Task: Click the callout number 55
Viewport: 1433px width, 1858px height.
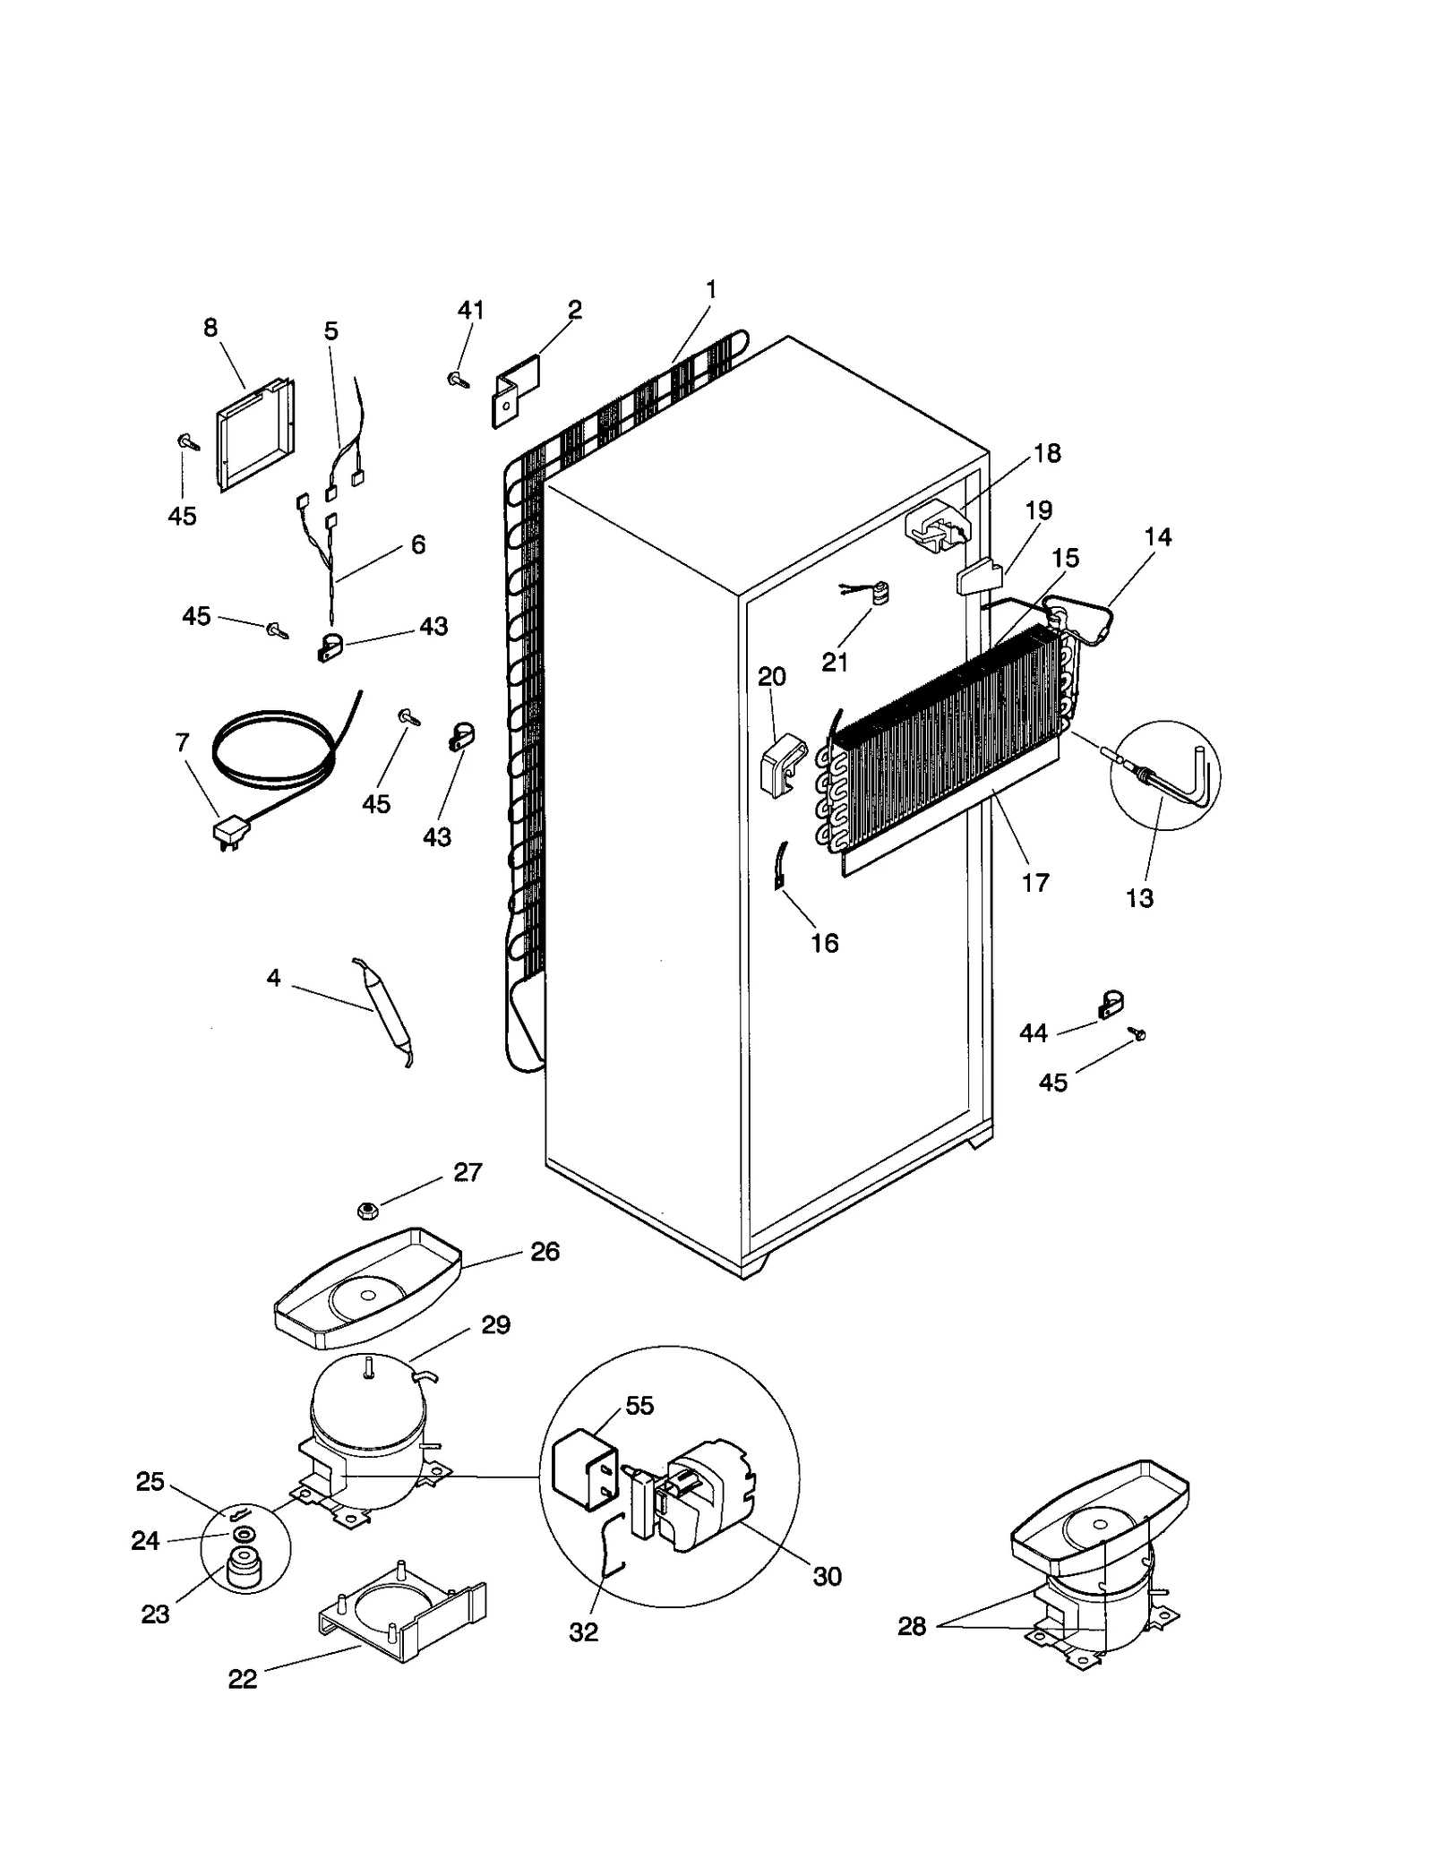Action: tap(639, 1405)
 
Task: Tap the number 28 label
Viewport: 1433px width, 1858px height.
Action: tap(912, 1626)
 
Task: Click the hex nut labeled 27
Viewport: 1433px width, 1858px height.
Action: tap(366, 1211)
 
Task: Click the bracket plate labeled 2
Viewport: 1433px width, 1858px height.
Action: tap(516, 391)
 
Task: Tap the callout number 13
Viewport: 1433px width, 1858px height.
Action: tap(1139, 898)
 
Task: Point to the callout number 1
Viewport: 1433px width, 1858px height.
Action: tap(711, 290)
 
